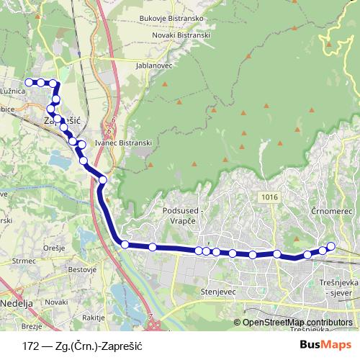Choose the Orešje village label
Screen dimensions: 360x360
pyautogui.click(x=55, y=248)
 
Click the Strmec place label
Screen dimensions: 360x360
pyautogui.click(x=24, y=261)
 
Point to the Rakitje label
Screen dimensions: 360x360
pyautogui.click(x=94, y=318)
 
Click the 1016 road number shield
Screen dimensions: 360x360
pyautogui.click(x=270, y=197)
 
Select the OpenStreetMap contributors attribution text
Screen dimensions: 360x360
pyautogui.click(x=298, y=322)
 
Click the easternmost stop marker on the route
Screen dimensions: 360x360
pyautogui.click(x=331, y=247)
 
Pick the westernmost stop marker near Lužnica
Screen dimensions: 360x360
pyautogui.click(x=29, y=82)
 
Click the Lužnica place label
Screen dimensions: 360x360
pyautogui.click(x=14, y=93)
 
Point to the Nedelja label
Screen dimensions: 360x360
pyautogui.click(x=17, y=304)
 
